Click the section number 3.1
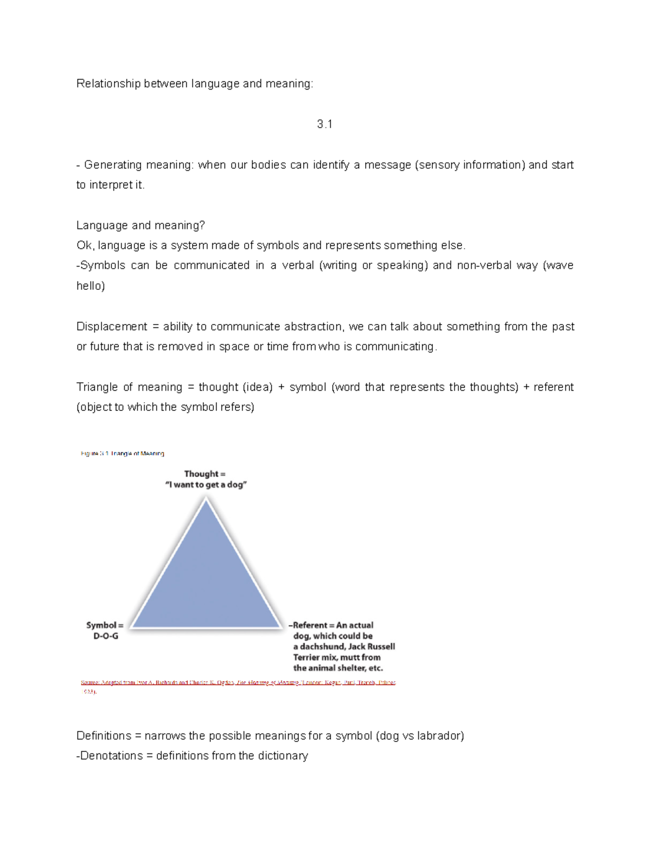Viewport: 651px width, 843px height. (x=324, y=124)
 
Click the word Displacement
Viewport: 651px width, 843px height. (x=111, y=327)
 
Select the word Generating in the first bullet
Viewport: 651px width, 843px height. (x=111, y=165)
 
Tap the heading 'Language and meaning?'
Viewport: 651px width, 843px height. (x=141, y=225)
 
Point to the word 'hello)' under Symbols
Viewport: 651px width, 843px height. (x=90, y=286)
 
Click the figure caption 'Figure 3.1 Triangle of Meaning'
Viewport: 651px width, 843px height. (x=123, y=453)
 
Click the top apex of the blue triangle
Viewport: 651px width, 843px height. (x=206, y=500)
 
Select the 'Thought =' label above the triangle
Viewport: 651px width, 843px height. (x=205, y=474)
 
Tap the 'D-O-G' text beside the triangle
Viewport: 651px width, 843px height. (x=106, y=636)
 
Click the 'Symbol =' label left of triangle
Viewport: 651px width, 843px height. (x=105, y=625)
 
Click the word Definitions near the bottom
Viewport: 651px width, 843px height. (x=104, y=736)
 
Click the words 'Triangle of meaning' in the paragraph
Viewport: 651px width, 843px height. (x=129, y=387)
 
